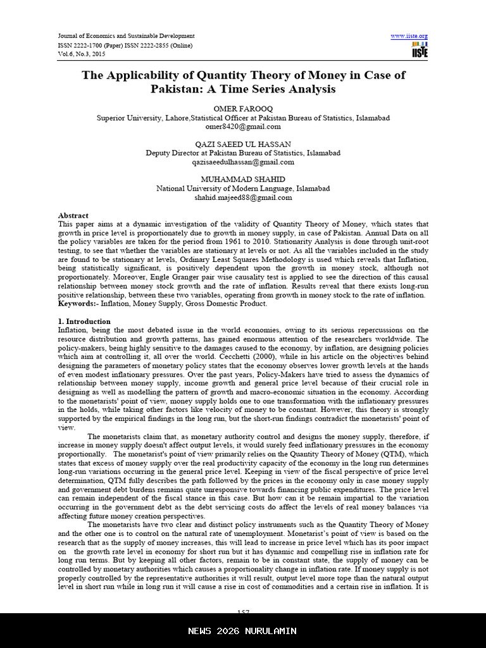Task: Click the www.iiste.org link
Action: tap(409, 36)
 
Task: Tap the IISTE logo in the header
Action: tap(419, 51)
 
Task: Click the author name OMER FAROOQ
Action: tap(243, 109)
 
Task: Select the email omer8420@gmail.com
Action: tap(243, 126)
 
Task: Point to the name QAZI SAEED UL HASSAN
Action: tap(243, 144)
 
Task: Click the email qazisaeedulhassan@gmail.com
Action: tap(243, 162)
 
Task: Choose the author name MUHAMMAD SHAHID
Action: tap(243, 180)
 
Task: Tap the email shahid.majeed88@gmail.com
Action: tap(243, 197)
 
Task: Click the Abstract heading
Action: tap(73, 216)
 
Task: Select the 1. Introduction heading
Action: tap(84, 321)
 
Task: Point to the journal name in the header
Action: tap(126, 36)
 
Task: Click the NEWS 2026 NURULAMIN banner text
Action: tap(243, 631)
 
